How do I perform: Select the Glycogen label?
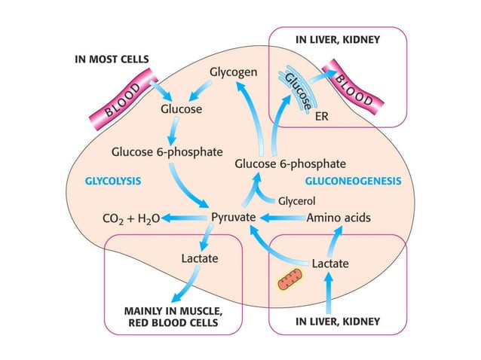[234, 73]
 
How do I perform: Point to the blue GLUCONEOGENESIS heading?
[352, 182]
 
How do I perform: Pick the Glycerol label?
[296, 201]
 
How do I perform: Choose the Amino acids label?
[339, 218]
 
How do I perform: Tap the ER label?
[321, 117]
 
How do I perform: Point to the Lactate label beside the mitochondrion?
[330, 264]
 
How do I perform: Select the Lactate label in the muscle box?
[200, 258]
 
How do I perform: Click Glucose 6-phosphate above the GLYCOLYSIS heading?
[167, 151]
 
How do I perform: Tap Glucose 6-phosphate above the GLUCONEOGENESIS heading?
[290, 163]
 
